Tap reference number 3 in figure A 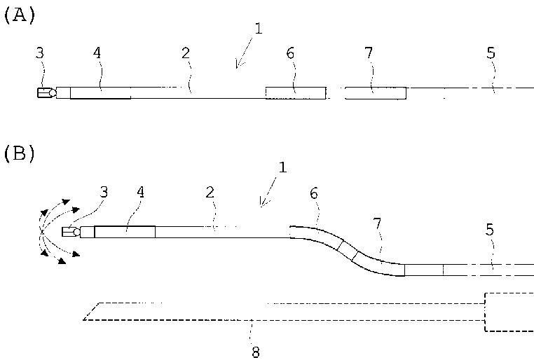coord(41,52)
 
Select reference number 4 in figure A coord(96,52)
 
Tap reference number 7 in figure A coord(369,52)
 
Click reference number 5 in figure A coord(491,52)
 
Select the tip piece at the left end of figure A coord(46,93)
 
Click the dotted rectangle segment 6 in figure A coord(295,93)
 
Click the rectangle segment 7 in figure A coord(376,93)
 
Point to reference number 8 coord(255,351)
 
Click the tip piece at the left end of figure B coord(70,233)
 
